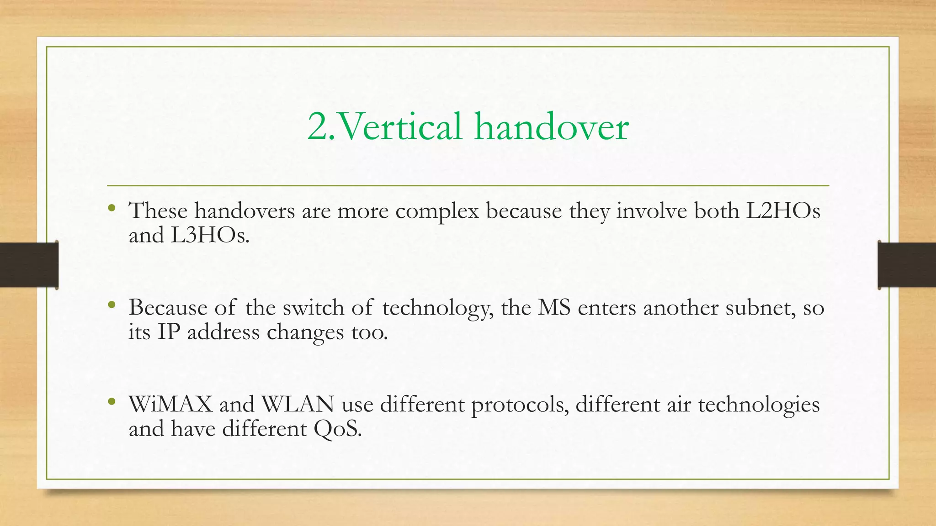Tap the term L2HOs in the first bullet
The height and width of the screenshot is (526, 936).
pos(783,211)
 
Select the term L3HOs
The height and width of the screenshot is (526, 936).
pos(210,236)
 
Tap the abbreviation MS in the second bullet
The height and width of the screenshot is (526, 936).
pos(554,308)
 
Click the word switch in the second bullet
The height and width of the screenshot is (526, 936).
pos(313,308)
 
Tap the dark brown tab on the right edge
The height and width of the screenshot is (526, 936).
pos(907,265)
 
